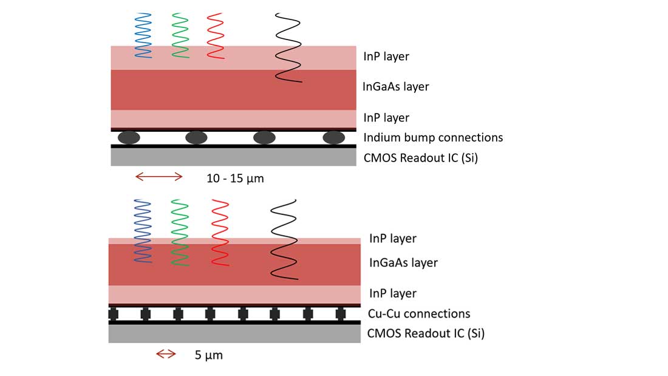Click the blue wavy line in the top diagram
143,35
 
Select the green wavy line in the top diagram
180,35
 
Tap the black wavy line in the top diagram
288,47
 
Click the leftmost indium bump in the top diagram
128,137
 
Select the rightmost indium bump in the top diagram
333,137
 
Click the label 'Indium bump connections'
433,137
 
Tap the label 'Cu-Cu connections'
419,313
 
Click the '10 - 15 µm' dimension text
236,179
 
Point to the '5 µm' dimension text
209,355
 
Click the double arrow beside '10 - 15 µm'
158,177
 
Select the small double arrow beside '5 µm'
166,354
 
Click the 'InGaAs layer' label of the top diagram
395,86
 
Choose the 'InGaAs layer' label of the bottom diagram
403,262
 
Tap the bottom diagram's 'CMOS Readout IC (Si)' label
426,333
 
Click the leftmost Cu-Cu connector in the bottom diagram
113,314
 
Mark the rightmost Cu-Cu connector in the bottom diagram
340,314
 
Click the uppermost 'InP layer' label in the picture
386,56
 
